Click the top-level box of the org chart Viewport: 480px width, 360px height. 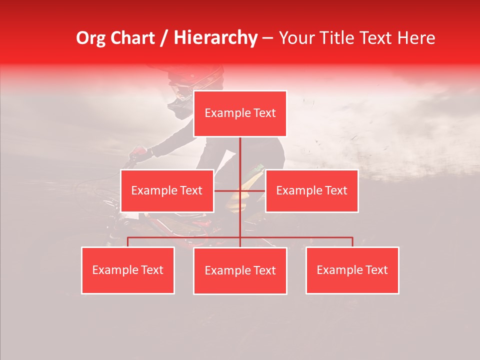(x=240, y=113)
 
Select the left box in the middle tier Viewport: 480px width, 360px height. (x=167, y=191)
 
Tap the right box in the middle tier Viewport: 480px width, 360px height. (x=311, y=191)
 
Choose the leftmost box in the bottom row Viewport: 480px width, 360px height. (x=128, y=270)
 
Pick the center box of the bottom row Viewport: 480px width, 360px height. (x=240, y=271)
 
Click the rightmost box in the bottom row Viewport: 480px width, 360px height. (x=352, y=270)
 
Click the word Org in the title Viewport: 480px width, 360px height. (x=90, y=38)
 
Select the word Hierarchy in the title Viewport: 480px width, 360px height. (x=215, y=38)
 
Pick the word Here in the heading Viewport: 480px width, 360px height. (x=416, y=38)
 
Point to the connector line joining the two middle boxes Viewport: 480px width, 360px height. (x=227, y=190)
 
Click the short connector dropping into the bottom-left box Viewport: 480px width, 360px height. (x=128, y=242)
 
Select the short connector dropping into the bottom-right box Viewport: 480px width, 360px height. (x=352, y=242)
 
